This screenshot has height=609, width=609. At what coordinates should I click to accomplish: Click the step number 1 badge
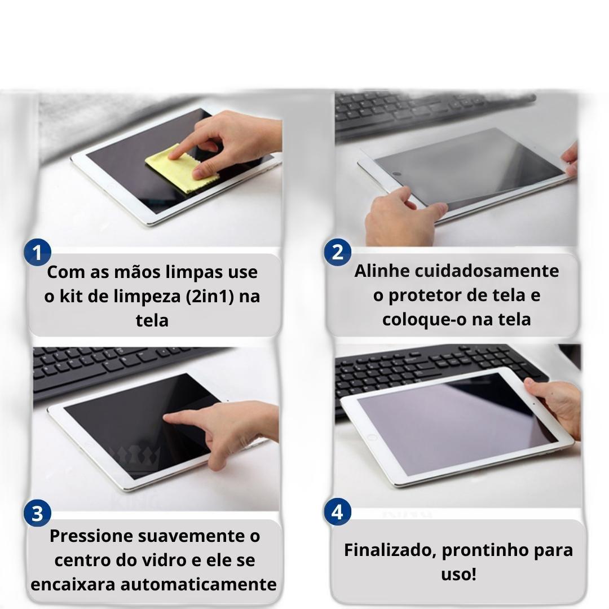(37, 253)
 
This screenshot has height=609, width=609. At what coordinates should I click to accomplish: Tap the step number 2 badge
(338, 252)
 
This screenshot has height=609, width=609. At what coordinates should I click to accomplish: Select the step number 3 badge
(37, 513)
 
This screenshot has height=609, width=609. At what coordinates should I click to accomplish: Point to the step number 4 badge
(338, 512)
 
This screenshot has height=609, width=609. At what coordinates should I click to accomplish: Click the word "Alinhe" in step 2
(382, 271)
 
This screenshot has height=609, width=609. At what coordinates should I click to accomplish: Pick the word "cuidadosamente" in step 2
(487, 271)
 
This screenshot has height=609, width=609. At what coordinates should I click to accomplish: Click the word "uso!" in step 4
(458, 575)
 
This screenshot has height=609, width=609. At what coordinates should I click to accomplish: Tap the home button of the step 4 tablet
(372, 438)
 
